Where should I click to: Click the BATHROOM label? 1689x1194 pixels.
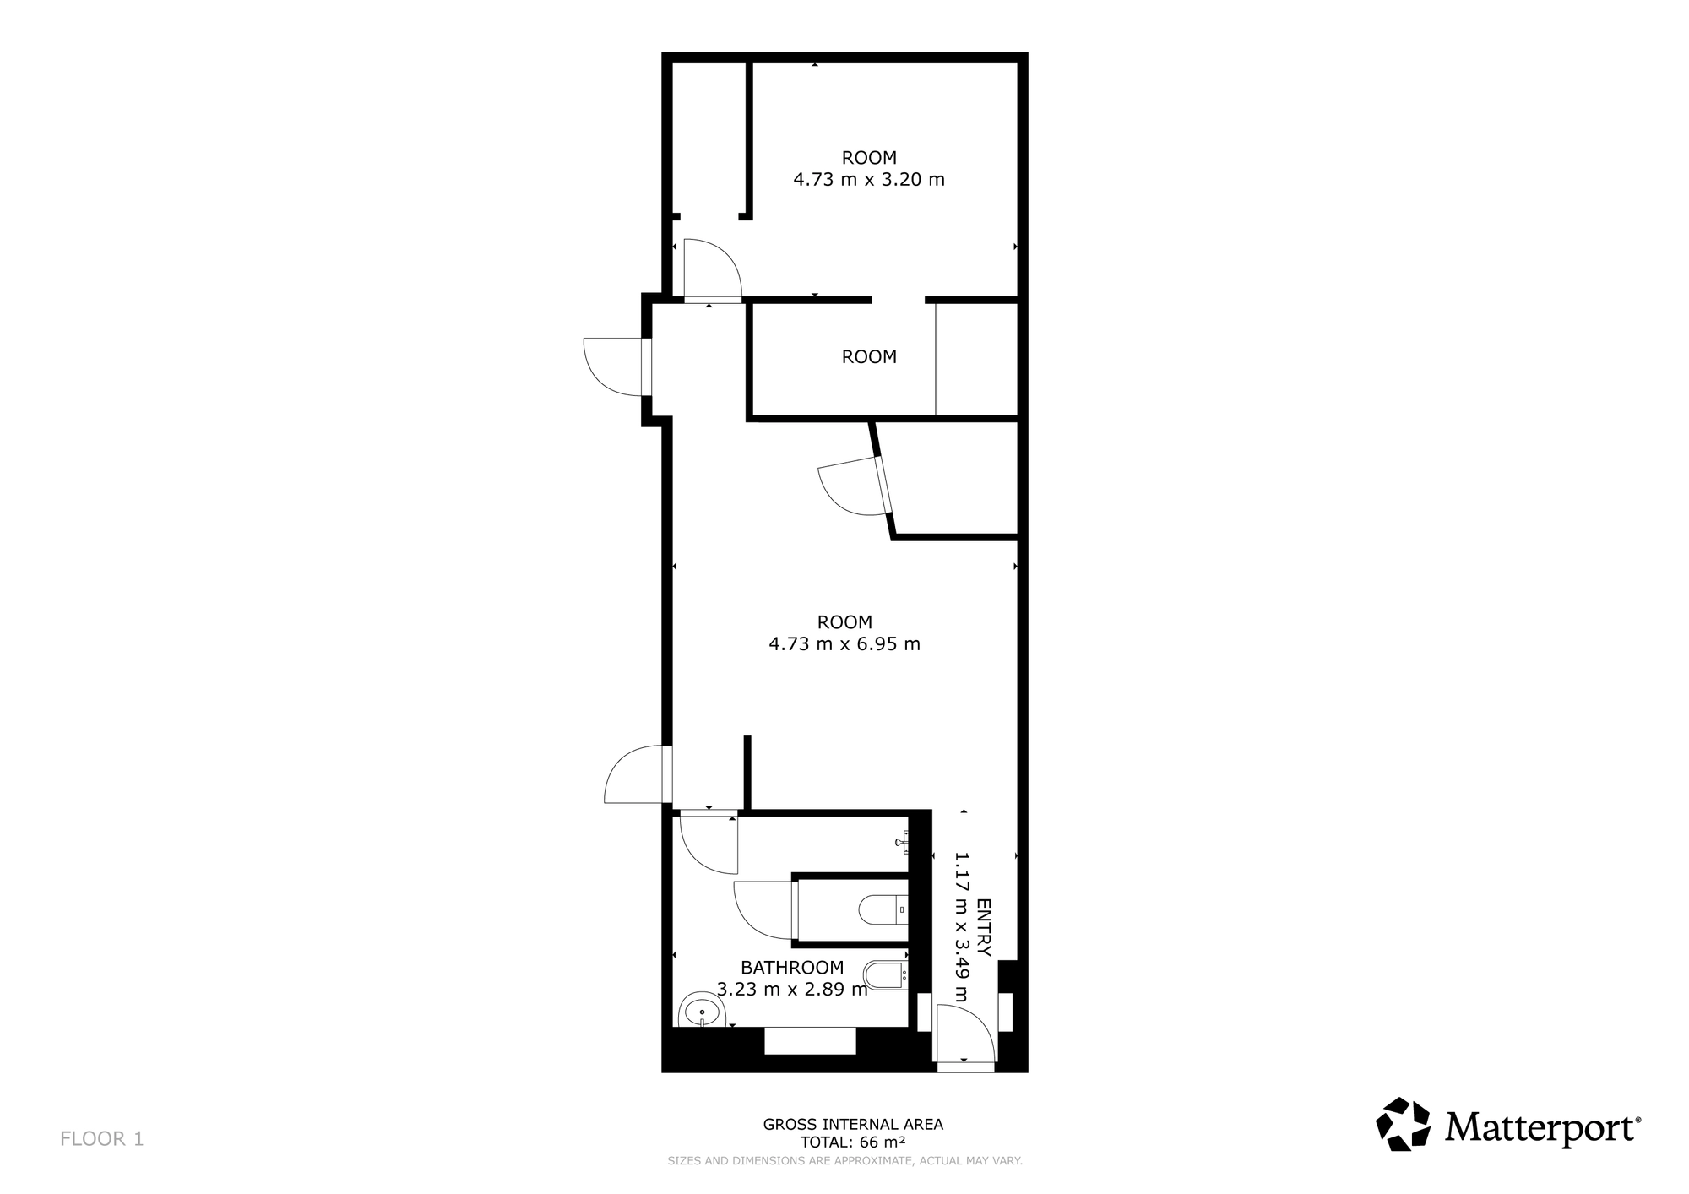(x=792, y=968)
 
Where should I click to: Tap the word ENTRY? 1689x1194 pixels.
(x=984, y=927)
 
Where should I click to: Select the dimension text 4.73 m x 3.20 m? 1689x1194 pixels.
(x=869, y=180)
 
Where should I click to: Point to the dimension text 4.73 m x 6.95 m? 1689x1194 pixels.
(x=844, y=644)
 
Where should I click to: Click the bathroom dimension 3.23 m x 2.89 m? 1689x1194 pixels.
(x=792, y=990)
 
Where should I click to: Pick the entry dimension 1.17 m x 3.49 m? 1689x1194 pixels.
(x=961, y=927)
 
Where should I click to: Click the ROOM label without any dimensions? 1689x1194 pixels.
(x=869, y=357)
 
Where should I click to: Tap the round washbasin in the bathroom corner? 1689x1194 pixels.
(x=700, y=1010)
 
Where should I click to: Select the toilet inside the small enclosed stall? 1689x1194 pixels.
(x=883, y=909)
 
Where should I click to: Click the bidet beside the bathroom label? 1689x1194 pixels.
(x=886, y=974)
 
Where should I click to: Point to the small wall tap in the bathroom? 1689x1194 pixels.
(x=902, y=842)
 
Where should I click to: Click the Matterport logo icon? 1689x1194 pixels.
(x=1403, y=1124)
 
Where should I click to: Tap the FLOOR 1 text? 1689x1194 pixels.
(x=102, y=1139)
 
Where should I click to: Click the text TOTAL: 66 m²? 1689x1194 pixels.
(x=853, y=1142)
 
